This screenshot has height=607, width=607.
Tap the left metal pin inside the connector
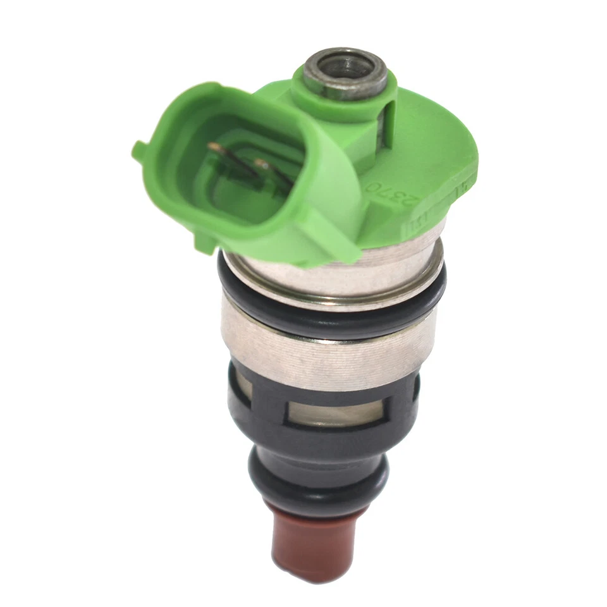218,149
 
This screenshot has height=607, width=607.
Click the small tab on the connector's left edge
138,150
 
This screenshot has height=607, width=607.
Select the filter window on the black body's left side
243,386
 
